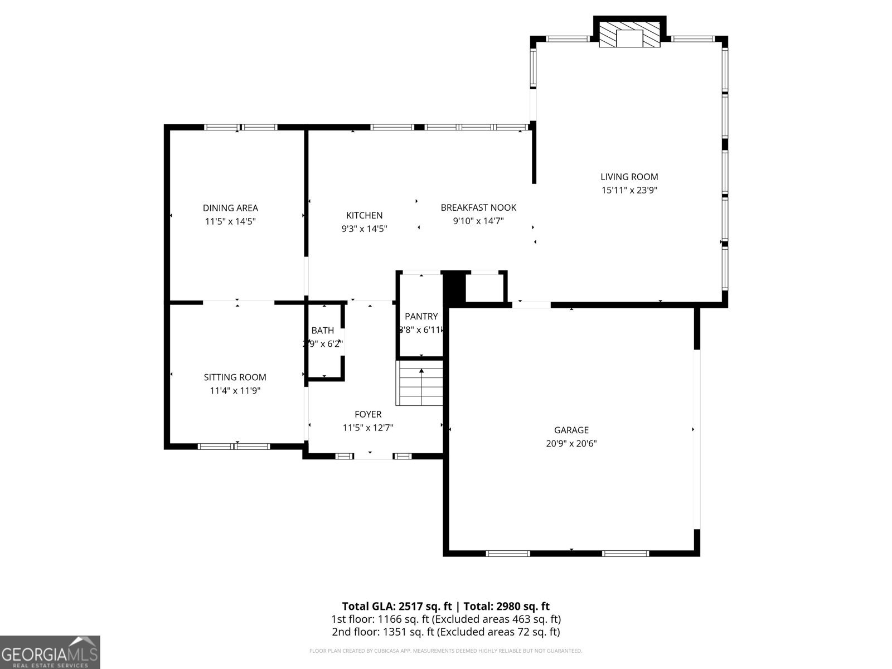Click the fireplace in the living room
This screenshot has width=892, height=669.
[629, 35]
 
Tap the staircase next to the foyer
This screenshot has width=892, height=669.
[420, 384]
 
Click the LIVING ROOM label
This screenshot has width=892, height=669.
[629, 177]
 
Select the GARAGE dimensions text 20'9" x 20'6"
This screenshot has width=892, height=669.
[571, 444]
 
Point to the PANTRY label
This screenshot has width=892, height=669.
[421, 316]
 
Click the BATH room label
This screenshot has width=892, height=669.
[322, 331]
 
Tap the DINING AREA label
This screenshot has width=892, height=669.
[230, 208]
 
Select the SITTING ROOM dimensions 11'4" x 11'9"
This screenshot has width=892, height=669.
[235, 391]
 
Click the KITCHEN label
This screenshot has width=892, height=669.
[364, 215]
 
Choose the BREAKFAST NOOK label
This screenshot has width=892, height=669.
[478, 207]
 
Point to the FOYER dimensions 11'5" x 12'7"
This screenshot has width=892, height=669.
[368, 428]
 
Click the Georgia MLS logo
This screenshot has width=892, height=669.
[50, 652]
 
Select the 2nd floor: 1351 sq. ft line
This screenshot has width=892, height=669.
[445, 632]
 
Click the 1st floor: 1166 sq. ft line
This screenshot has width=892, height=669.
[445, 619]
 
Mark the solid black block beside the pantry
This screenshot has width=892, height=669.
[453, 287]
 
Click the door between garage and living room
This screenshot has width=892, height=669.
[531, 304]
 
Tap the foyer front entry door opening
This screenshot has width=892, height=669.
[373, 457]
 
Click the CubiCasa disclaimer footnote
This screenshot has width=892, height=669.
[445, 651]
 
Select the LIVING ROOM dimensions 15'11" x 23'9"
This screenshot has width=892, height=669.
[629, 190]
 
